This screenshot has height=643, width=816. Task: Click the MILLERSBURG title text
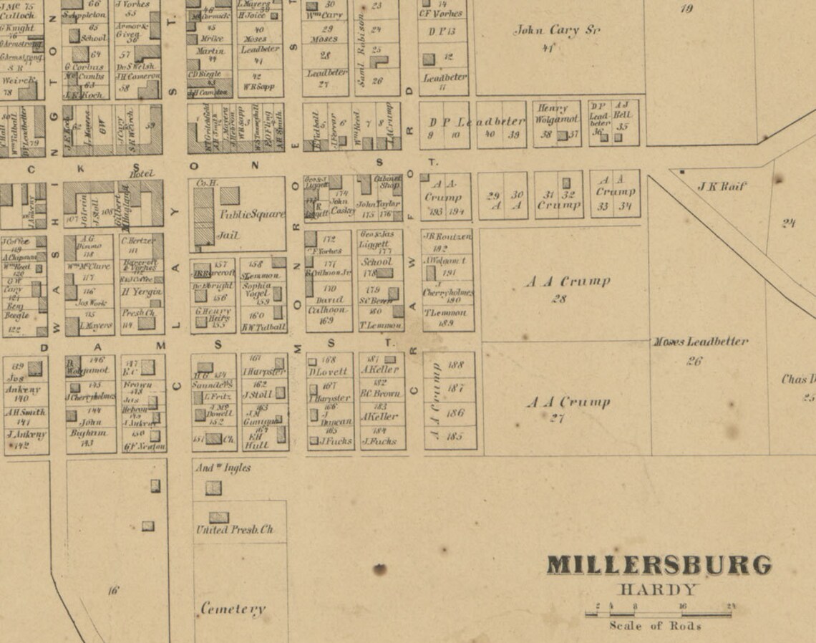point(659,565)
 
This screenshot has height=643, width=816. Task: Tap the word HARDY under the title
point(657,591)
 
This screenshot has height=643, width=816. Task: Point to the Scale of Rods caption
point(655,626)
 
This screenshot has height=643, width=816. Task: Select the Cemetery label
point(233,609)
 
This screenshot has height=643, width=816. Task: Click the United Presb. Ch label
point(235,531)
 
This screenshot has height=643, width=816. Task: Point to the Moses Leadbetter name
point(700,342)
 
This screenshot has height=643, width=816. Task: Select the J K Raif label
point(722,187)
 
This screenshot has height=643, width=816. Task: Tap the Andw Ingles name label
point(223,468)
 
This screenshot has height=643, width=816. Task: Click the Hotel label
point(142,173)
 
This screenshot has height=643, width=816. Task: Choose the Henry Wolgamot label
point(557,114)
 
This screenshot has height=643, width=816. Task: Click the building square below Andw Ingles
point(213,488)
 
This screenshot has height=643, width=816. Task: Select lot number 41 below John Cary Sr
point(549,48)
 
